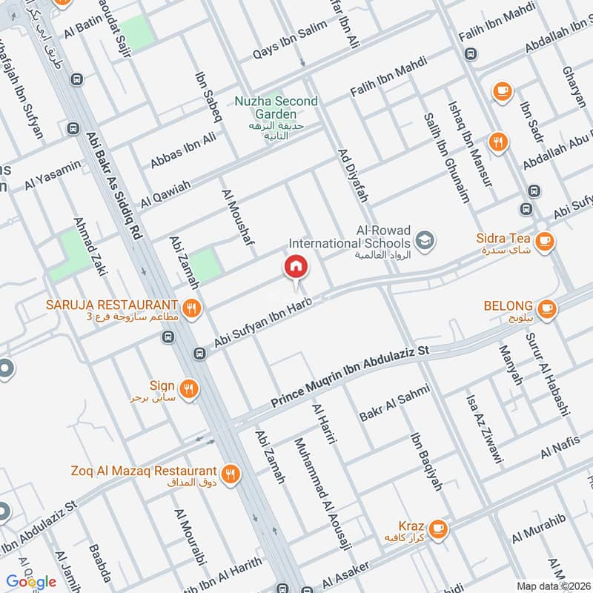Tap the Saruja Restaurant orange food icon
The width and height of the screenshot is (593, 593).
[x=191, y=307]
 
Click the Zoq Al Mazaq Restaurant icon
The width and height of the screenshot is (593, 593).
[x=231, y=472]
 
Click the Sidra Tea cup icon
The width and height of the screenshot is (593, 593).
[x=544, y=240]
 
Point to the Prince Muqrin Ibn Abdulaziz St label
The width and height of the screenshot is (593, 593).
[x=350, y=379]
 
